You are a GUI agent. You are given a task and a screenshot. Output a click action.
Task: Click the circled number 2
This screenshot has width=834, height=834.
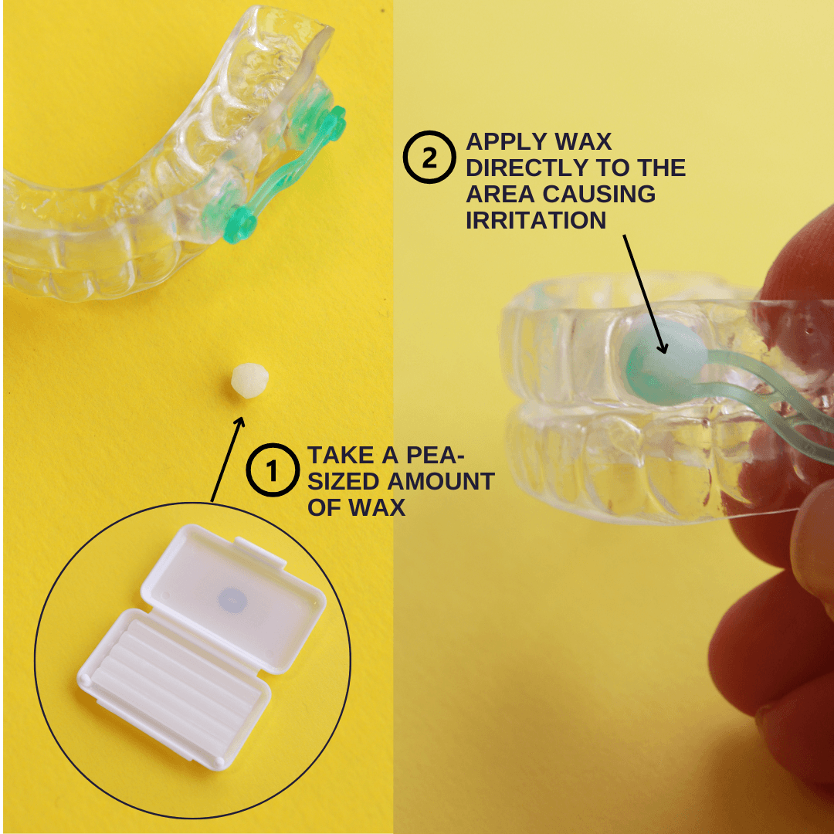coord(429,157)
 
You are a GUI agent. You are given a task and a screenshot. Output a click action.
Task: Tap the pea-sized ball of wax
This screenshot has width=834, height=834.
coord(249,380)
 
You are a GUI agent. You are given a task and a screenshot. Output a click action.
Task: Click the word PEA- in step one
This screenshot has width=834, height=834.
coord(435,456)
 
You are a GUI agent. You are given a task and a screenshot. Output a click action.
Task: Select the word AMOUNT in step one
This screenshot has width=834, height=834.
coord(441,481)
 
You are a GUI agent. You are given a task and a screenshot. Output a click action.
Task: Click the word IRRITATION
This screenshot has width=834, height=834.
coord(536,220)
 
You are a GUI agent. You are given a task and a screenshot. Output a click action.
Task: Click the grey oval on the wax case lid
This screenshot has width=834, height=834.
coord(232,599)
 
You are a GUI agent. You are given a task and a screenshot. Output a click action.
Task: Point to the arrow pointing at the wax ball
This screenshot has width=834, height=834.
coord(228,459)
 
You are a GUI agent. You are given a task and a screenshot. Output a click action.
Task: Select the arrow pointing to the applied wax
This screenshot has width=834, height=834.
coord(645,294)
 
